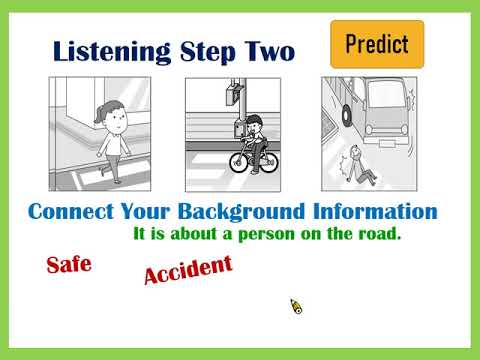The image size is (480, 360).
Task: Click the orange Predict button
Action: [x=377, y=44]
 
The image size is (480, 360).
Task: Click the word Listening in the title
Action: [x=112, y=52]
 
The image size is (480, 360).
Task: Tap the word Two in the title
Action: [x=270, y=52]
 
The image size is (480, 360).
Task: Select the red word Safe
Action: [x=69, y=265]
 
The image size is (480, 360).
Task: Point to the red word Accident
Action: [x=188, y=270]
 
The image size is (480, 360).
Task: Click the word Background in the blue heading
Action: [x=241, y=212]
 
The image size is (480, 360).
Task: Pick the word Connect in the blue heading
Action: [x=71, y=211]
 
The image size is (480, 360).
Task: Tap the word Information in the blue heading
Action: [x=375, y=211]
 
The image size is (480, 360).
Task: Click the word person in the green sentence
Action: [x=267, y=234]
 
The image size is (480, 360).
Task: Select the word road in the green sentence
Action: [x=379, y=233]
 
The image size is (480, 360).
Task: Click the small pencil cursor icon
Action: [x=296, y=306]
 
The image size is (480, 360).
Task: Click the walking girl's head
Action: [x=112, y=117]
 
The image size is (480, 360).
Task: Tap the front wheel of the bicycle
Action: [x=239, y=162]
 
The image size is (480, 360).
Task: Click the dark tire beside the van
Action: [x=347, y=117]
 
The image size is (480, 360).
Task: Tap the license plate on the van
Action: [x=387, y=144]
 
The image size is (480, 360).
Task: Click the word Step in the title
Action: [x=207, y=53]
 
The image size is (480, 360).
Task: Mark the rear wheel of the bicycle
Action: [x=268, y=162]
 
